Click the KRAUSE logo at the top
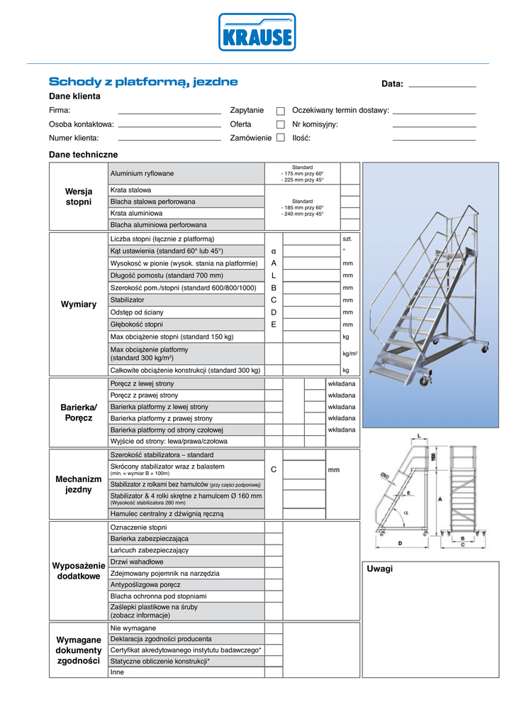click(x=257, y=33)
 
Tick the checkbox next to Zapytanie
click(x=281, y=111)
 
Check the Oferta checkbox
click(x=281, y=124)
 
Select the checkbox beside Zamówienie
click(x=281, y=138)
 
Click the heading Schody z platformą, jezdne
click(x=143, y=82)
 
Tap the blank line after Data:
click(x=442, y=85)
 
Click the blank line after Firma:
click(x=169, y=112)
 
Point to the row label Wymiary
click(x=79, y=305)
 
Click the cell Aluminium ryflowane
click(x=142, y=173)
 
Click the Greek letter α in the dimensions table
click(x=274, y=251)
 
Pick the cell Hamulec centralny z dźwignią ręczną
click(x=167, y=513)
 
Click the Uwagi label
click(x=380, y=569)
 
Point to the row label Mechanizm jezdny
click(x=79, y=484)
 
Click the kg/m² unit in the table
click(x=350, y=353)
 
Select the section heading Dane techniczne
click(x=83, y=154)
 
